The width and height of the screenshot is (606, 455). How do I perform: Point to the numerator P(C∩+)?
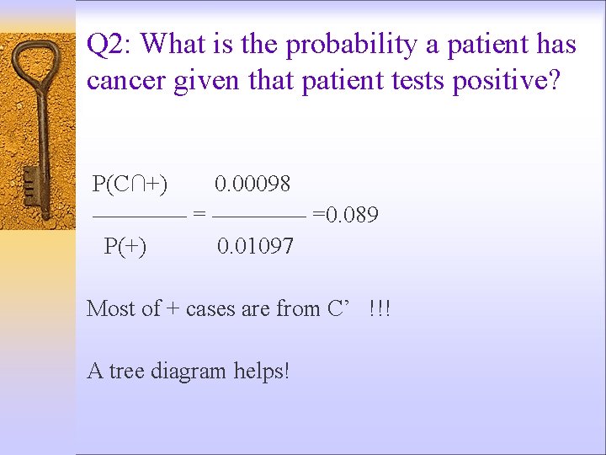[x=130, y=183]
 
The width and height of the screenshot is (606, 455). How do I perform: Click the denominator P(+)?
[x=125, y=246]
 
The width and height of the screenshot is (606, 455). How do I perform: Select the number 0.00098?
[x=252, y=183]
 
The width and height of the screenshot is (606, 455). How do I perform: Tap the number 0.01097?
[x=255, y=246]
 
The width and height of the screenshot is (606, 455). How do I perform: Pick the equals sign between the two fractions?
[x=199, y=215]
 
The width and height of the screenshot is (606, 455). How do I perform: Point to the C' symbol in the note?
[x=338, y=308]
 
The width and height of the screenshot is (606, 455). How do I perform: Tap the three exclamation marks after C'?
[x=380, y=308]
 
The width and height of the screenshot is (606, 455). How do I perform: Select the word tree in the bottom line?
[x=127, y=371]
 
